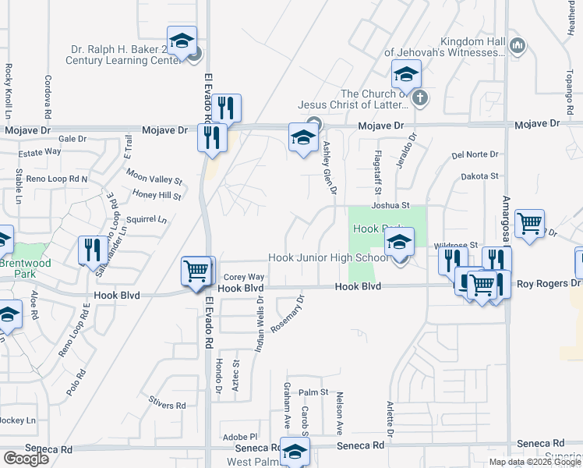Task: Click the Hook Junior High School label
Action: click(327, 258)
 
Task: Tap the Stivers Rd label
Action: click(170, 406)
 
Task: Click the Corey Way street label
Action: click(244, 277)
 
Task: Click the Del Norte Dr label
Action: click(474, 154)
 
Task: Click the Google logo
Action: click(26, 459)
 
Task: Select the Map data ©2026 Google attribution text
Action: click(535, 462)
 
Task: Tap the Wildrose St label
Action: click(456, 245)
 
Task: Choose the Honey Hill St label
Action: click(157, 196)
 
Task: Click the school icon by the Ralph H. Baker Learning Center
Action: click(182, 42)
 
